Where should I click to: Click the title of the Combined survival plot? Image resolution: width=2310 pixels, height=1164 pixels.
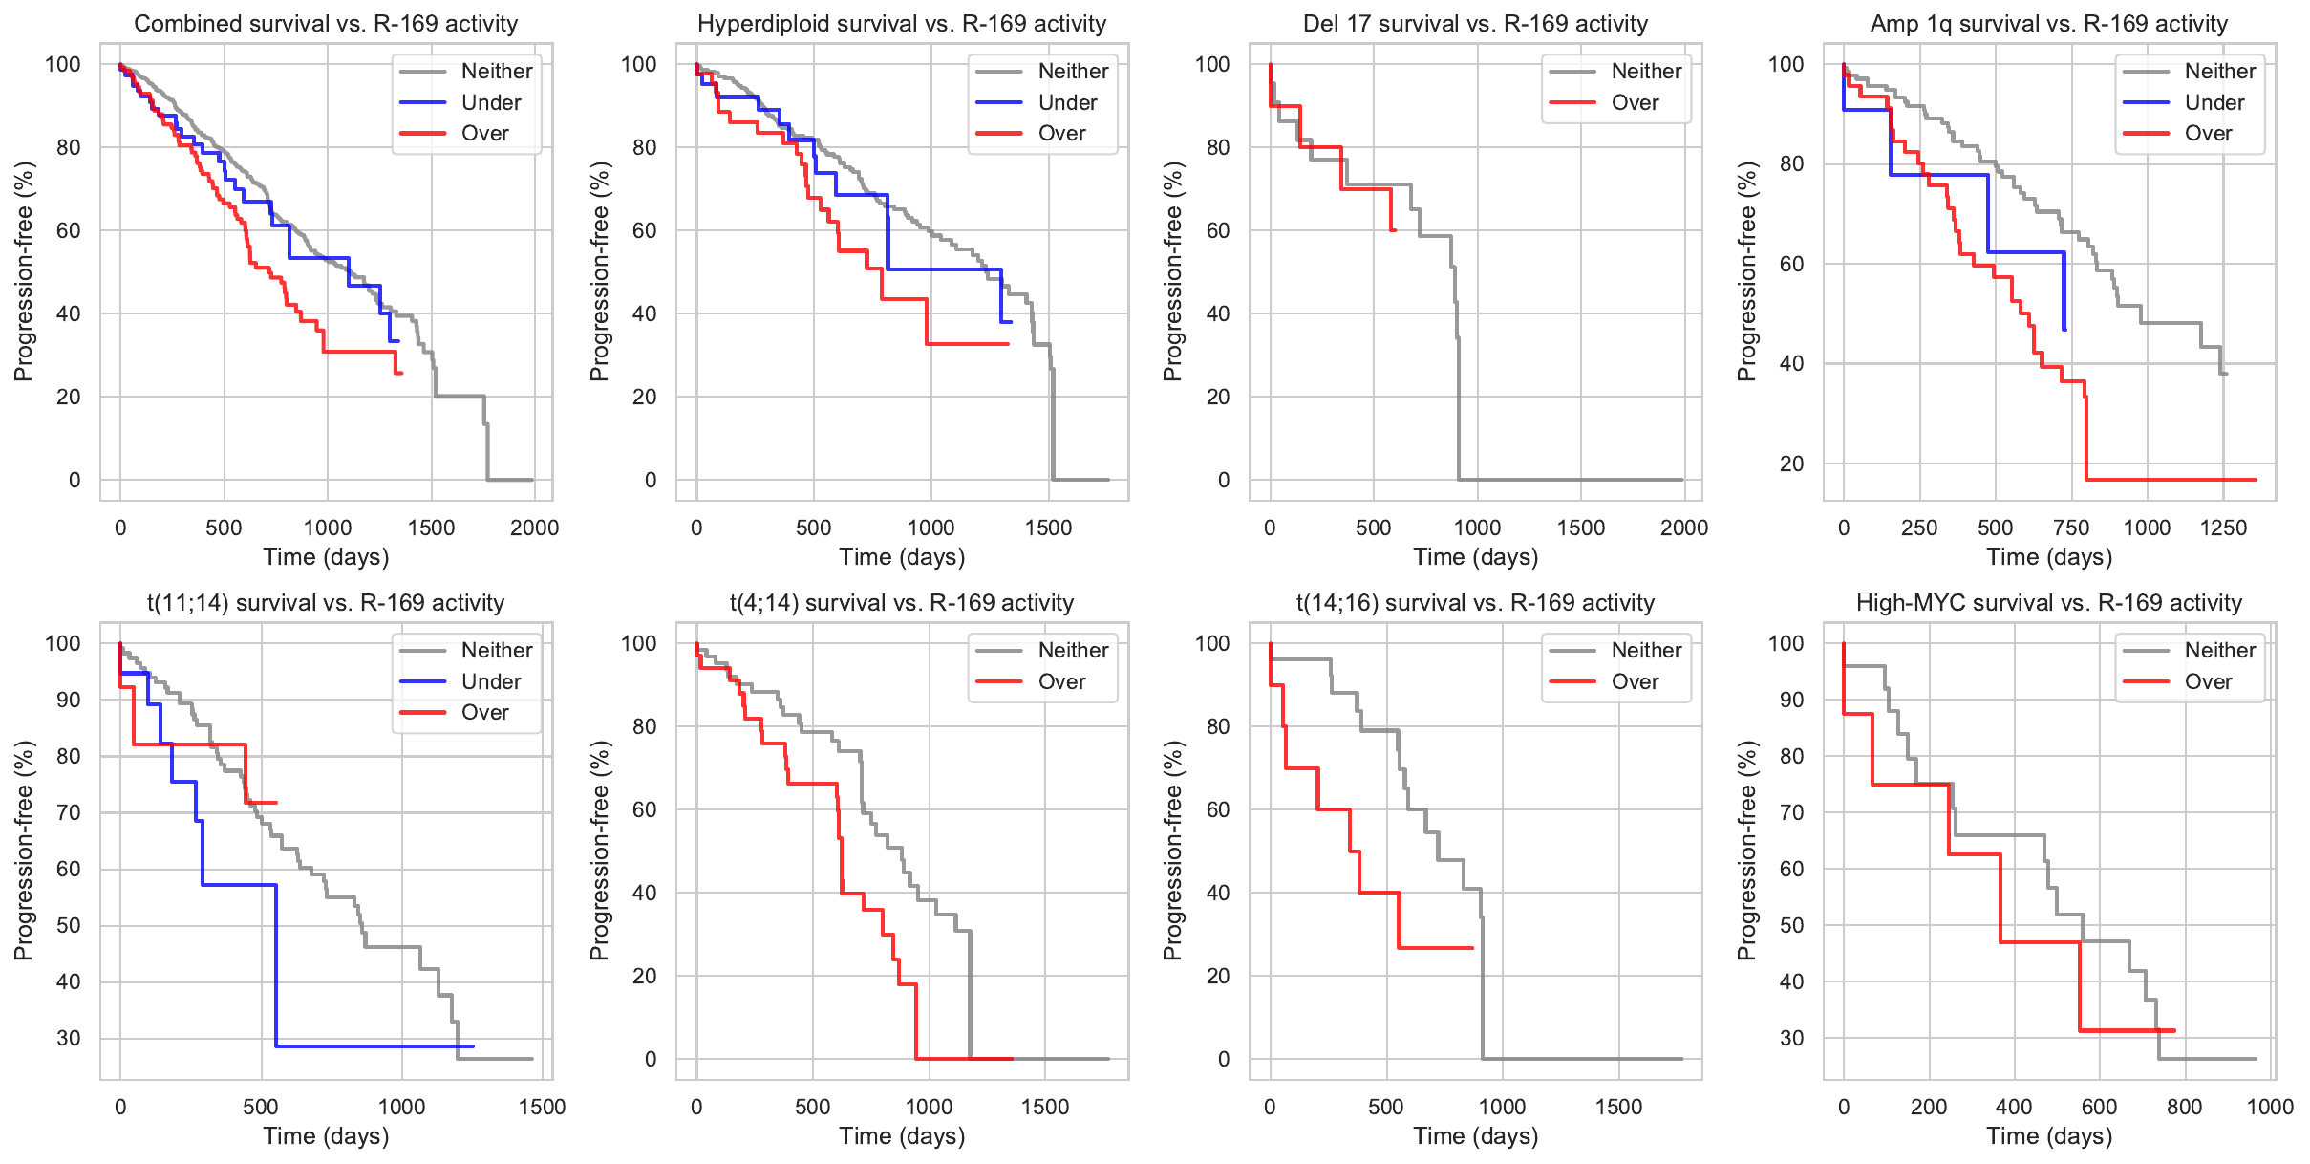coord(326,24)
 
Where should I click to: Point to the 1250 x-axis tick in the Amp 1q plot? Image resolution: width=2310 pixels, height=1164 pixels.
coord(2223,528)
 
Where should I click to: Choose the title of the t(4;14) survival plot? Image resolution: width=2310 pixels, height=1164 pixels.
coord(902,603)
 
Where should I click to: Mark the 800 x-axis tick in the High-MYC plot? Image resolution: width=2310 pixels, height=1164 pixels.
coord(2184,1107)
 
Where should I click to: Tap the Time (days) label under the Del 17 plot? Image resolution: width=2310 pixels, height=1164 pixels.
coord(1475,557)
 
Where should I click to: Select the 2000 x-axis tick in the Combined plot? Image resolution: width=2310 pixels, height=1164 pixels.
coord(534,528)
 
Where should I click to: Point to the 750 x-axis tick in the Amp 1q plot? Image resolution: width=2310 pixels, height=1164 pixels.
coord(2071,528)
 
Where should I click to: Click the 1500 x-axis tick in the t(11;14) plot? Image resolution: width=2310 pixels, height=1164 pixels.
coord(542,1107)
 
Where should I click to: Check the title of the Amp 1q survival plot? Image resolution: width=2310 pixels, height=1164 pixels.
coord(2049,24)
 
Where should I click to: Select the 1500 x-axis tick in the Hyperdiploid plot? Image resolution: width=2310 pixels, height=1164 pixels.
coord(1048,528)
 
